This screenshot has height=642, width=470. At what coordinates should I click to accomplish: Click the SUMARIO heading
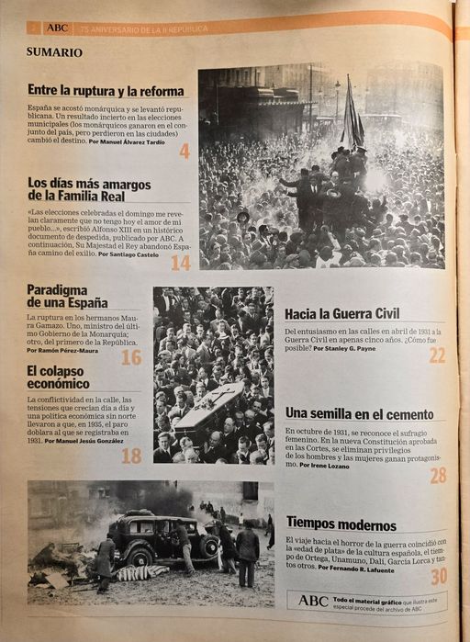pos(54,52)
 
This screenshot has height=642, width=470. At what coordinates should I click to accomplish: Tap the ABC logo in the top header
pos(58,28)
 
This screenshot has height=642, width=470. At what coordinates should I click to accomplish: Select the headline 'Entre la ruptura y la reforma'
pos(106,90)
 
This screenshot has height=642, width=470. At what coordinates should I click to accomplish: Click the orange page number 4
pos(185,151)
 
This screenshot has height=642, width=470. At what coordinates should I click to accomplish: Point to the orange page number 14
pos(180,263)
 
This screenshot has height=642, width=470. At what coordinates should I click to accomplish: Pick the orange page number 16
pos(131,356)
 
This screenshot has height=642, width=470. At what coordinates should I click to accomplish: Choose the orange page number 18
pos(131,455)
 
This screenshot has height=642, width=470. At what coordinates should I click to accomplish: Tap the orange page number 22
pos(437,355)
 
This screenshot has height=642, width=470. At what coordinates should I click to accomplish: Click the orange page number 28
pos(438,475)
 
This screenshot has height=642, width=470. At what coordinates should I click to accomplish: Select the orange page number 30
pos(439,576)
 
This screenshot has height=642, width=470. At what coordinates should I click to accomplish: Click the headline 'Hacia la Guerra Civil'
pos(341,313)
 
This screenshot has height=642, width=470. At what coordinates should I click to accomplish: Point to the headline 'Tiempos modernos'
pos(341,523)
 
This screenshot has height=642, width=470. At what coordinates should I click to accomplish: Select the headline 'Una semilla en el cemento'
pos(359,413)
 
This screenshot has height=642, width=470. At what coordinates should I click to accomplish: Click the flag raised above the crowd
pos(352,115)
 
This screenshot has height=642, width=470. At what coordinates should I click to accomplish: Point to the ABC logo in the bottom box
pos(312,600)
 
